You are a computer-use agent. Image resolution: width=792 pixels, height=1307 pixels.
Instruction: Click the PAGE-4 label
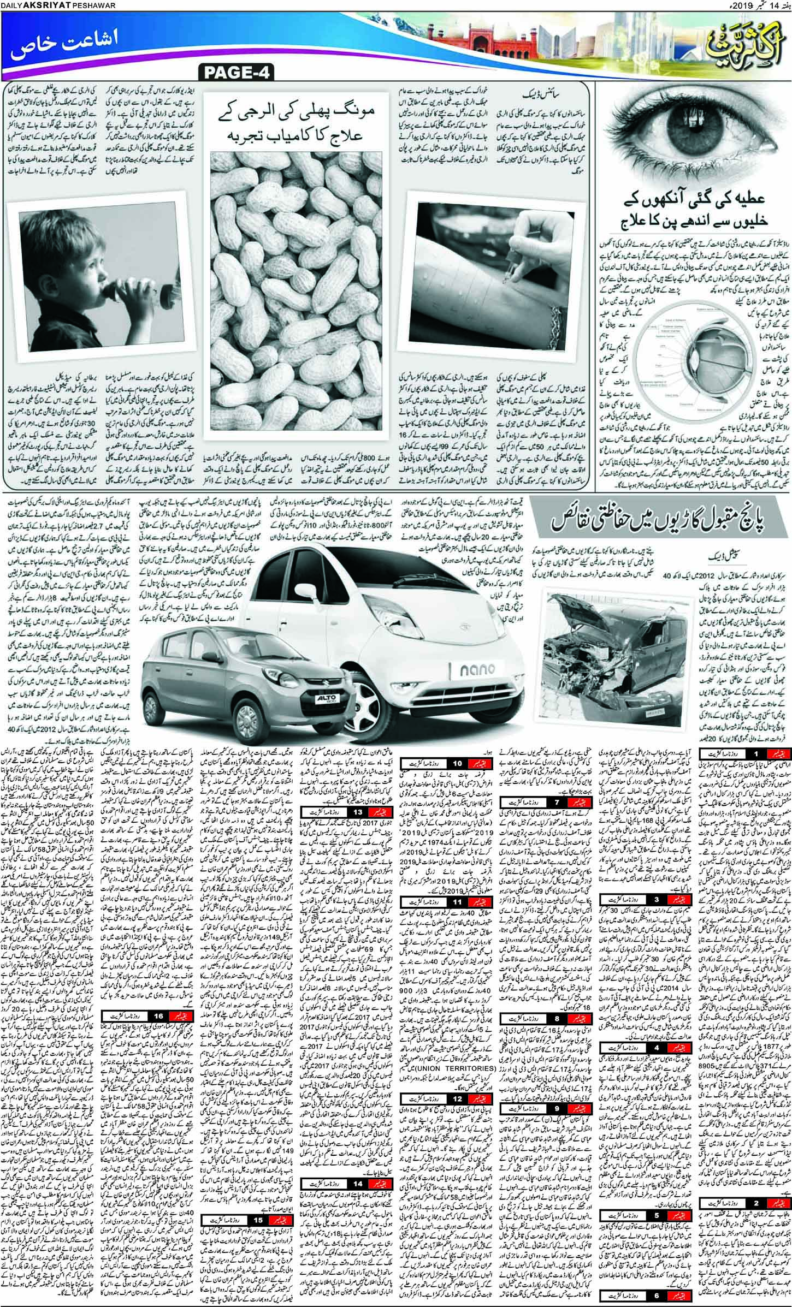tap(237, 72)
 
